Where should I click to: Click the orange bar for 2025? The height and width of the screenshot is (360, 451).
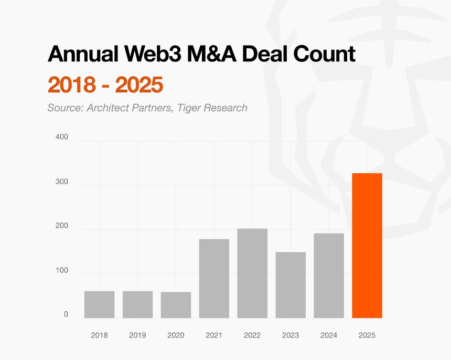(367, 246)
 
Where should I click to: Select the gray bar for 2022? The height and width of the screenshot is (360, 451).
(252, 273)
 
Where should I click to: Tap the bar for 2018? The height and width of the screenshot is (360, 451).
(99, 304)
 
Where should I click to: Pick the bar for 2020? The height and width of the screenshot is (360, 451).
(176, 305)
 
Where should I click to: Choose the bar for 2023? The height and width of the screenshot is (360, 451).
(291, 285)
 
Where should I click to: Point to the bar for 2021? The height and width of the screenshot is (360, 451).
(214, 278)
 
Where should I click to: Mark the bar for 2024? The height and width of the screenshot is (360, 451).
(329, 276)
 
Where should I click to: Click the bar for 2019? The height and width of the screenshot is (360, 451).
(137, 304)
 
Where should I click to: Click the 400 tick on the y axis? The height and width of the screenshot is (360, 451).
(61, 137)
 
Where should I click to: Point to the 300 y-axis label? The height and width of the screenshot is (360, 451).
(61, 182)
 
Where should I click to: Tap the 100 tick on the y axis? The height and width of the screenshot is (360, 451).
(61, 270)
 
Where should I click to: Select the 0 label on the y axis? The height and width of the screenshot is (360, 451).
(66, 314)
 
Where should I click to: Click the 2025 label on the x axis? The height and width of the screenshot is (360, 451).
(367, 335)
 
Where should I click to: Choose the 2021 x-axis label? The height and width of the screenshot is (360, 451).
(214, 335)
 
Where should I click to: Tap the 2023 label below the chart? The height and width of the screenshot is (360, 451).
(291, 335)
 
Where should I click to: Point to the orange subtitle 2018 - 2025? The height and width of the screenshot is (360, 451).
(105, 84)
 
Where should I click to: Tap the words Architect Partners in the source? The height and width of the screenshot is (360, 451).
(132, 108)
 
